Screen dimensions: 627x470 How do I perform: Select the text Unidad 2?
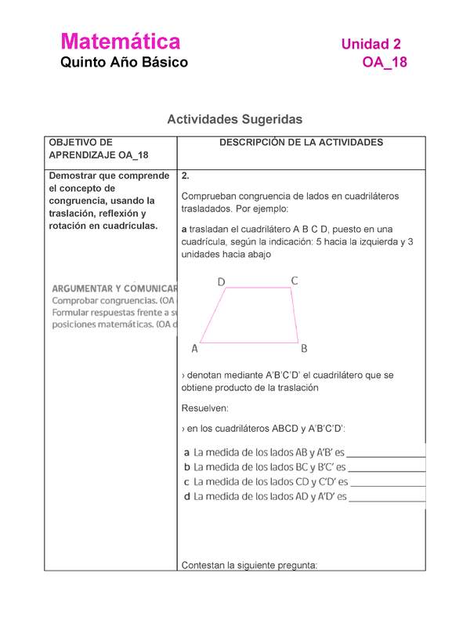(x=371, y=44)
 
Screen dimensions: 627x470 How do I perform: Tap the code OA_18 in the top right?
(x=384, y=63)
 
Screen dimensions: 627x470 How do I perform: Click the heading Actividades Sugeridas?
(x=234, y=119)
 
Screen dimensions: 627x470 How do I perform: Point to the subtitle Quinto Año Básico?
(x=125, y=63)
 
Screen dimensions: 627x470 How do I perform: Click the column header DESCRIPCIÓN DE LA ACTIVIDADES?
(x=301, y=143)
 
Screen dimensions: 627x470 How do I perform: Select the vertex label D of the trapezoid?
(x=222, y=281)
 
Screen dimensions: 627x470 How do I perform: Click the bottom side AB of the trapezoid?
(x=249, y=342)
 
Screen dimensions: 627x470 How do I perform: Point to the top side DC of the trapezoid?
(x=258, y=288)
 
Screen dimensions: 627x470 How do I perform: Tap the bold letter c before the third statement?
(x=186, y=482)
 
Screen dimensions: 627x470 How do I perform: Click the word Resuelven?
(x=206, y=408)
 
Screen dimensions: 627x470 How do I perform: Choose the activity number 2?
(x=184, y=176)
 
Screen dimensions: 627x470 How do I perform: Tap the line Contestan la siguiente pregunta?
(x=248, y=564)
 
